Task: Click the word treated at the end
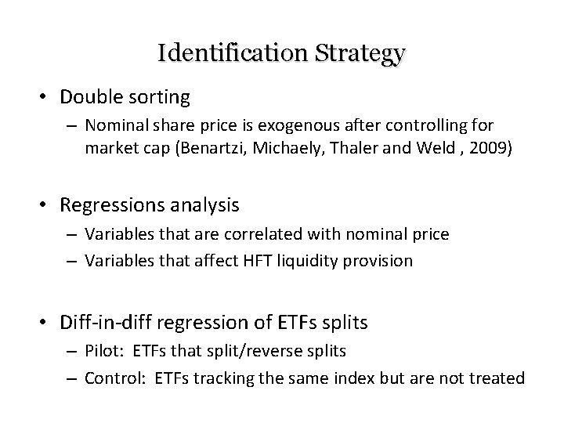coord(498,378)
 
